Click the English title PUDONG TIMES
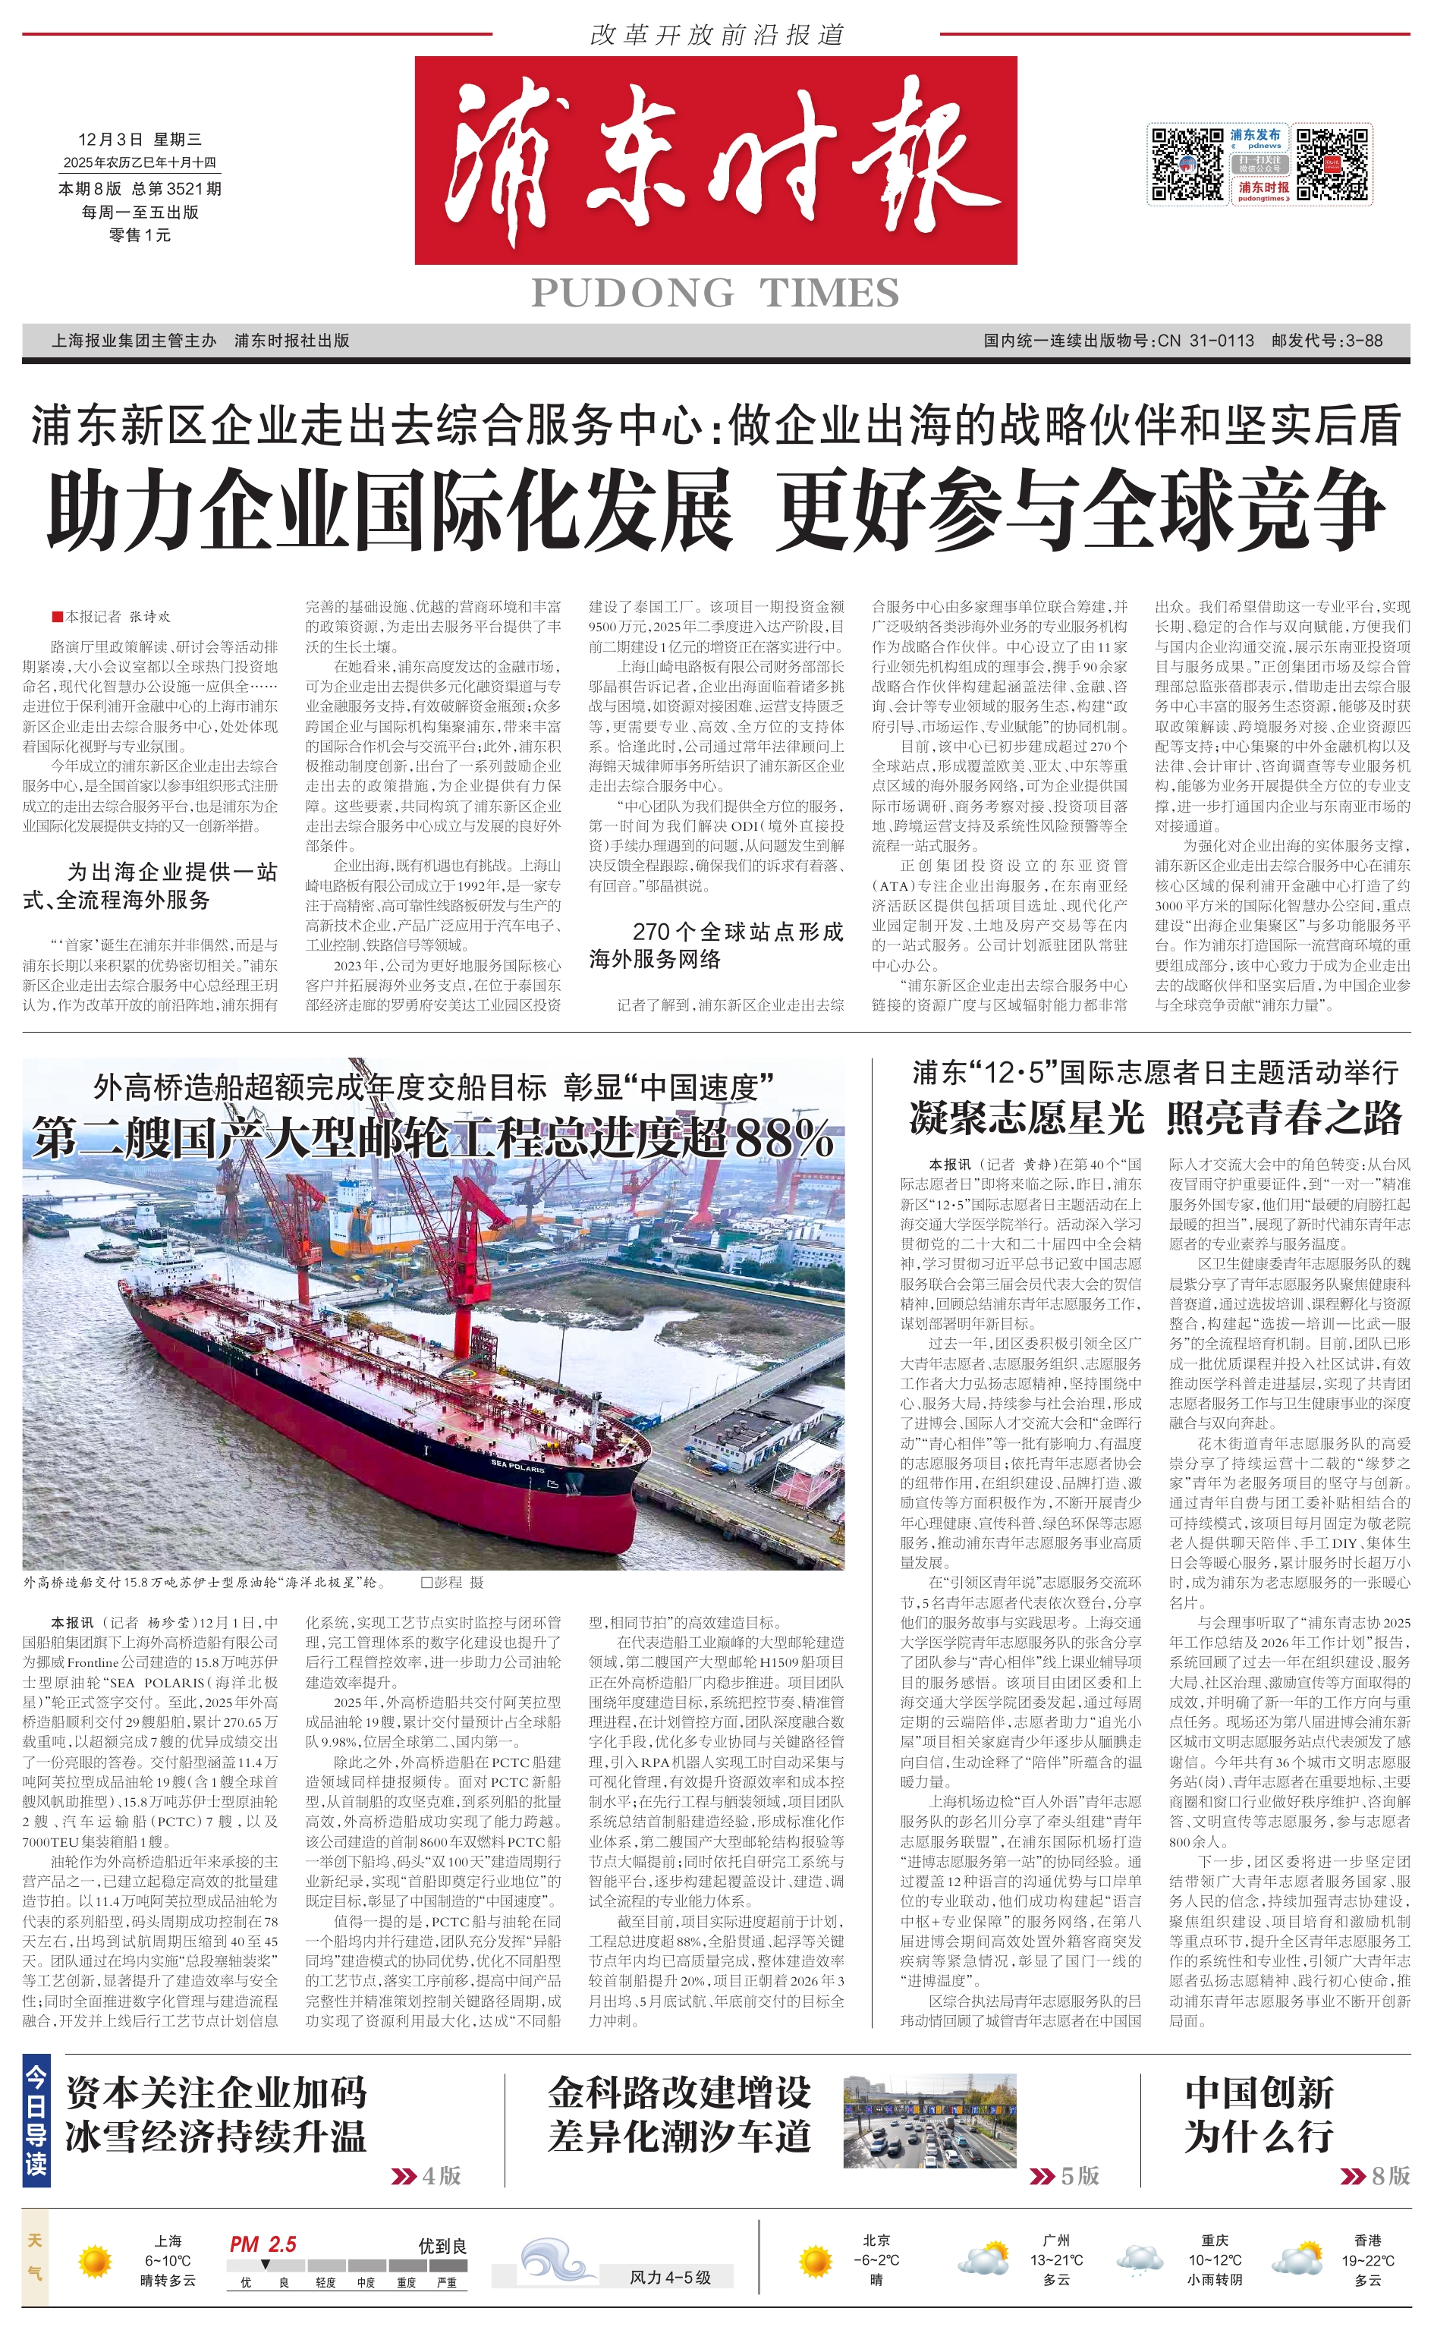coord(715,293)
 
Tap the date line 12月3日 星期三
coord(140,140)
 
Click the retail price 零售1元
coord(140,235)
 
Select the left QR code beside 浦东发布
coord(1187,163)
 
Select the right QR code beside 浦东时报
coord(1334,163)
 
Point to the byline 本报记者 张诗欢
coord(112,616)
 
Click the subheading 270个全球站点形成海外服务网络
coord(716,945)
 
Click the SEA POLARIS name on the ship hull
coord(517,1464)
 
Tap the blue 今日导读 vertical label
coord(36,2121)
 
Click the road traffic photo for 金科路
coord(929,2120)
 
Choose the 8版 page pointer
coord(1377,2174)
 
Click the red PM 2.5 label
coord(263,2244)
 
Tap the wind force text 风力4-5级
coord(669,2277)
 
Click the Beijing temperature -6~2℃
coord(876,2260)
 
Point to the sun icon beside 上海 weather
coord(95,2261)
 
